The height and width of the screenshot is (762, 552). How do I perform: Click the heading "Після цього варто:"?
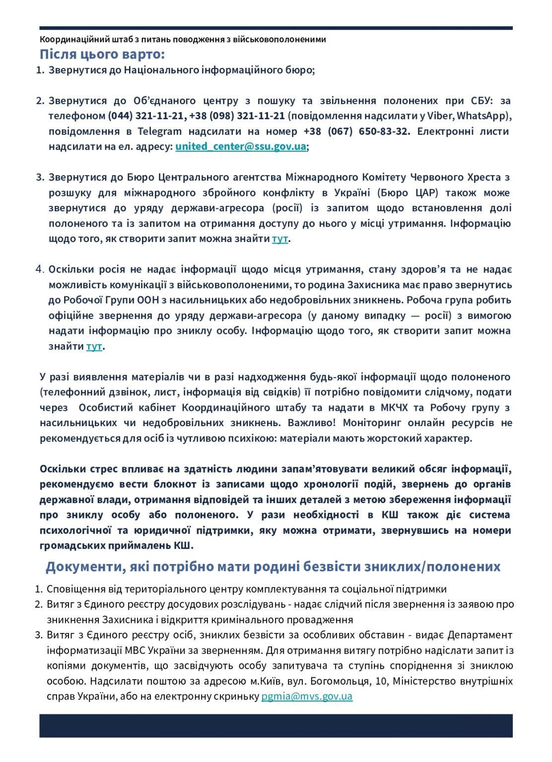click(102, 54)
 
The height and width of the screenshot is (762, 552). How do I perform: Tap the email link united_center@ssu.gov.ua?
click(240, 146)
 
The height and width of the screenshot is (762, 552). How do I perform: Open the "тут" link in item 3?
click(279, 239)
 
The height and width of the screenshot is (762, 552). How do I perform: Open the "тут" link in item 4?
click(94, 346)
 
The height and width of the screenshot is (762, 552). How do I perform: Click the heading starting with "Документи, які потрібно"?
click(273, 567)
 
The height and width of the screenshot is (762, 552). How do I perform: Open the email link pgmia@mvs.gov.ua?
click(307, 696)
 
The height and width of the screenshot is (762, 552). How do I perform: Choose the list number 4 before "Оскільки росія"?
click(40, 269)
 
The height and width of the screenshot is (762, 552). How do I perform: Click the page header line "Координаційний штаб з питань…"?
click(183, 39)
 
